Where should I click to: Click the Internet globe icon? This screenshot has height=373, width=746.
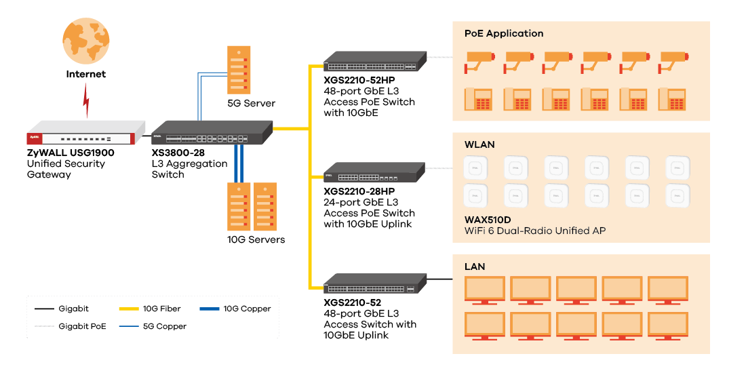(x=85, y=41)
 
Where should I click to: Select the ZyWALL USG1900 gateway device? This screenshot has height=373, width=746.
(x=86, y=134)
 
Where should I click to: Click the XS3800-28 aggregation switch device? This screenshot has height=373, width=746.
(x=211, y=132)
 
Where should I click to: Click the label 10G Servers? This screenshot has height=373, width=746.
(x=256, y=239)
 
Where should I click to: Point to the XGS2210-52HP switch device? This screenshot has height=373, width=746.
(x=374, y=62)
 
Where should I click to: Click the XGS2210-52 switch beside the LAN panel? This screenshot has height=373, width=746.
(x=374, y=284)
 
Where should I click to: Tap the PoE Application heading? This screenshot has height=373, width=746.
(x=504, y=33)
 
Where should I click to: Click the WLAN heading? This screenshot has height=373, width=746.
(x=479, y=144)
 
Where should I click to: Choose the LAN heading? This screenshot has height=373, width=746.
(x=475, y=267)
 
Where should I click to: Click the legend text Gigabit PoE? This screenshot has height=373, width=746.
(x=82, y=326)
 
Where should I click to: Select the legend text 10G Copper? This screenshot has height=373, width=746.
(x=247, y=309)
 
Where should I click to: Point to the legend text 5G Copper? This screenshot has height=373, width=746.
(x=164, y=326)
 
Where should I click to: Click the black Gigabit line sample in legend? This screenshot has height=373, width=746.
(x=44, y=309)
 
